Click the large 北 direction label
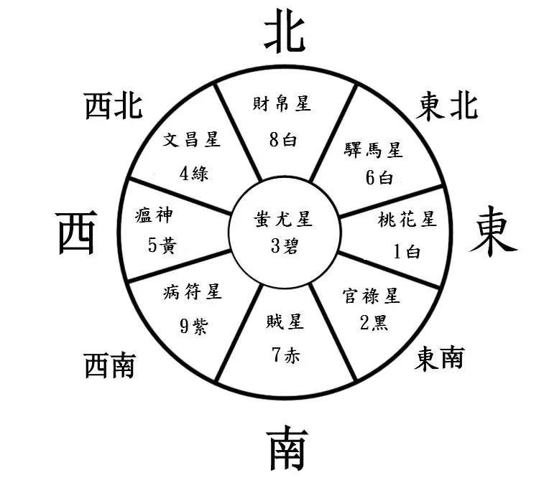click(x=285, y=31)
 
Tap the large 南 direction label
click(x=287, y=449)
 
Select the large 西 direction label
click(x=77, y=233)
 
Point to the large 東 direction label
click(x=493, y=231)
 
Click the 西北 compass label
click(x=114, y=105)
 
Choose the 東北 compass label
click(x=447, y=105)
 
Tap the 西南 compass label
click(x=110, y=365)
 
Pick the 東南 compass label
click(x=439, y=359)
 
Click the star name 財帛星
click(x=282, y=103)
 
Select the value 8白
click(x=283, y=140)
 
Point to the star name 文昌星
click(x=192, y=140)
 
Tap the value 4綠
click(x=194, y=173)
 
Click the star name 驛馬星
click(x=373, y=151)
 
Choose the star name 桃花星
click(x=407, y=220)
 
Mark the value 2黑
click(x=374, y=322)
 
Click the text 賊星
click(x=285, y=322)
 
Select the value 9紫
click(x=194, y=326)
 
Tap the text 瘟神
click(x=154, y=215)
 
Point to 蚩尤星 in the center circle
click(x=283, y=220)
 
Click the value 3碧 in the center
click(x=285, y=246)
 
